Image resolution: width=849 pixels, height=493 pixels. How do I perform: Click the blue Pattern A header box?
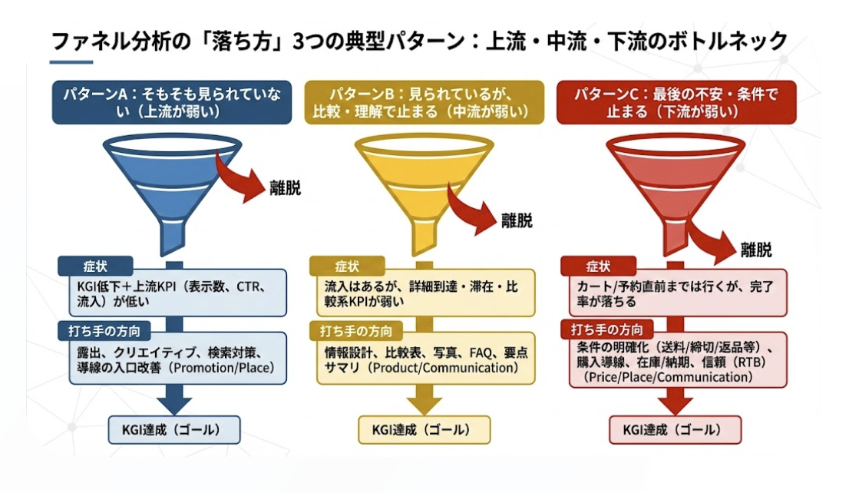click(172, 102)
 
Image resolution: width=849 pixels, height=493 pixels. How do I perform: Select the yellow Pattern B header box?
click(424, 102)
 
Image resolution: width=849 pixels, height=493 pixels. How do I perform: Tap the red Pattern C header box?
click(676, 102)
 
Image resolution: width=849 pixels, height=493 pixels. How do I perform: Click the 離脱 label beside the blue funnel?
click(285, 188)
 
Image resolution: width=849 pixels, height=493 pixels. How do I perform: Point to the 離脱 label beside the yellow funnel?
click(517, 220)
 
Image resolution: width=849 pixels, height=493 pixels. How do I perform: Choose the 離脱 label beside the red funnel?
click(756, 250)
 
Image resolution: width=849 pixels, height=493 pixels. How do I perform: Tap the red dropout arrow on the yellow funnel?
click(469, 210)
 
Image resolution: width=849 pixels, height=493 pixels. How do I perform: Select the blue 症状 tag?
click(95, 266)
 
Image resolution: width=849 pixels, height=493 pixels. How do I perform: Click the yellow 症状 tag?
click(347, 266)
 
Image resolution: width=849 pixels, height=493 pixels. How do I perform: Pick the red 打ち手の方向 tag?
click(606, 329)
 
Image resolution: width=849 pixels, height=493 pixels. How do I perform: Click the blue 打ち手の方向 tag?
click(104, 330)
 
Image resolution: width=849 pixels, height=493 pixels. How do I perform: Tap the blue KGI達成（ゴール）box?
click(173, 430)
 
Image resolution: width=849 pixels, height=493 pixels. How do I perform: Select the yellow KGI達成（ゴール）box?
click(424, 430)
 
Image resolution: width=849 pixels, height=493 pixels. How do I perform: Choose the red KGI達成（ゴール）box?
click(675, 430)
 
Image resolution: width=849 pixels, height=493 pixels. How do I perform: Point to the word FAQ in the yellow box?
click(481, 353)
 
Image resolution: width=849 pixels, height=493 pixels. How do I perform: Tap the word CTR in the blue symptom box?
click(248, 286)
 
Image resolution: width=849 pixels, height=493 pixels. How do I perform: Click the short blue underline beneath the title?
click(71, 62)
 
